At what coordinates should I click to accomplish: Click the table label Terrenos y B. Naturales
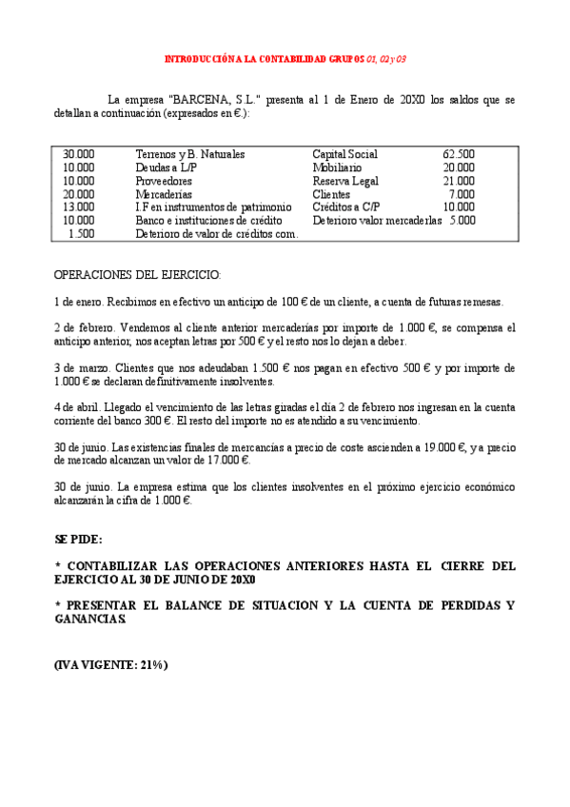(x=190, y=153)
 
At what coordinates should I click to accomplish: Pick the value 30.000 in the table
(x=79, y=153)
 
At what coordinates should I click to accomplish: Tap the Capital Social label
(x=344, y=153)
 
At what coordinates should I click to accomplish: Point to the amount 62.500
(x=459, y=153)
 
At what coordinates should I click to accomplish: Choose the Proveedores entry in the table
(x=164, y=180)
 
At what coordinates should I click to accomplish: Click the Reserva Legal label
(x=345, y=180)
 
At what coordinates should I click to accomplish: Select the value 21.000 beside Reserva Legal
(x=459, y=180)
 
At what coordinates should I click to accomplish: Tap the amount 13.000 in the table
(x=79, y=207)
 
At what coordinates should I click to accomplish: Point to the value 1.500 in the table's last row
(x=82, y=233)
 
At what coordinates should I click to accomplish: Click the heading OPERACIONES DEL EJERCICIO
(x=137, y=275)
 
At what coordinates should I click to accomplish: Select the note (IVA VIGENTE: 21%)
(x=111, y=665)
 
